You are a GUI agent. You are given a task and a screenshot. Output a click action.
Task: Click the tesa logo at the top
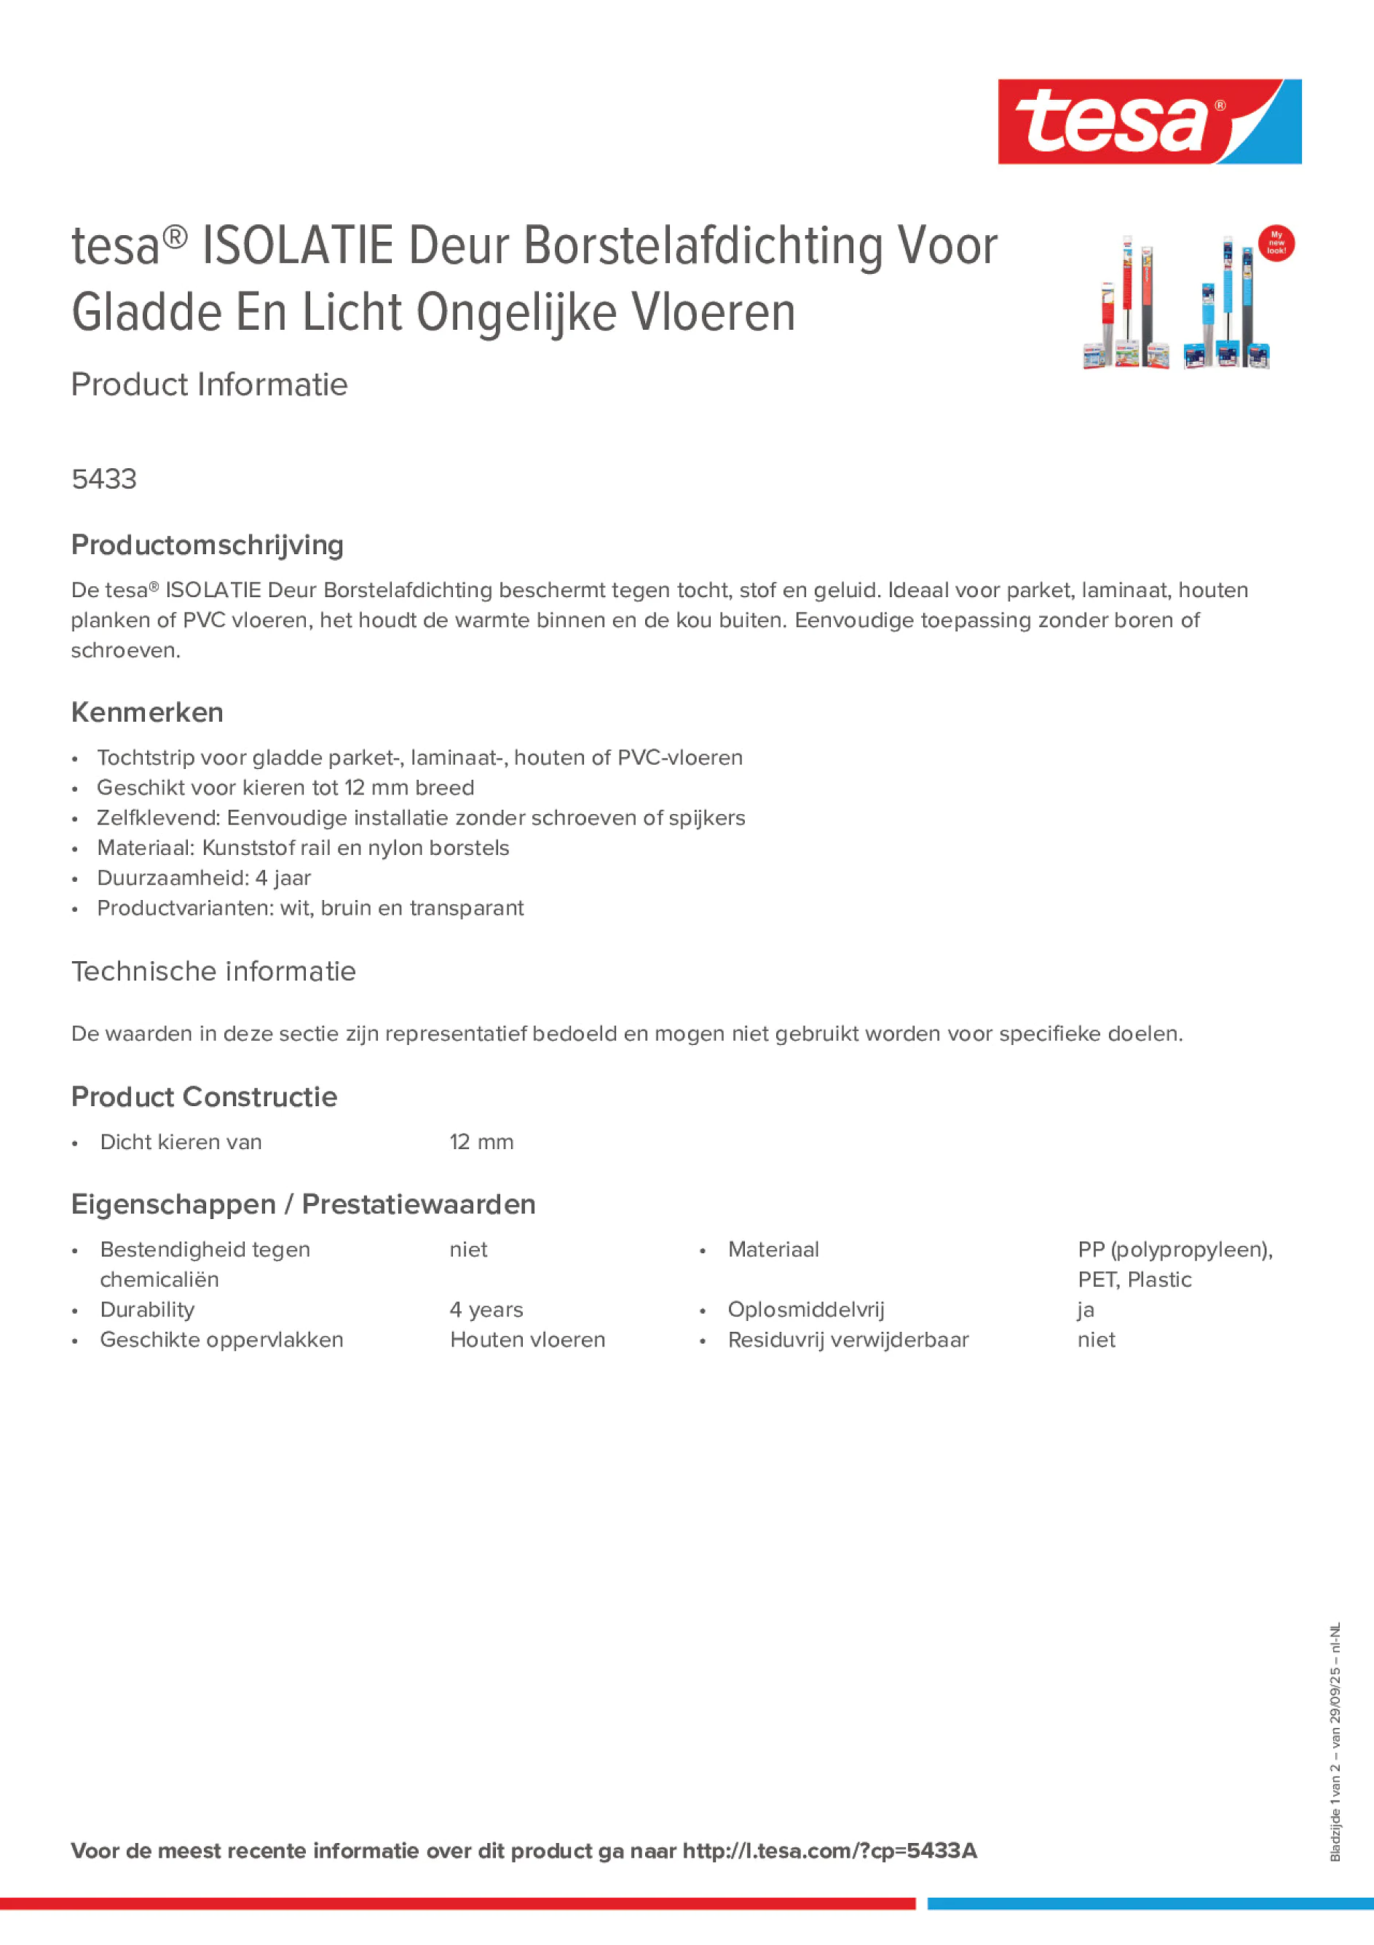click(x=1149, y=121)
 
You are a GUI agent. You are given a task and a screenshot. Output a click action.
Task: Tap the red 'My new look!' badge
click(x=1276, y=243)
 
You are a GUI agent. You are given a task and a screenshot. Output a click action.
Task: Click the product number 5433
click(x=103, y=479)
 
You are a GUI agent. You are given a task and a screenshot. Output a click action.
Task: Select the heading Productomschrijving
click(x=207, y=545)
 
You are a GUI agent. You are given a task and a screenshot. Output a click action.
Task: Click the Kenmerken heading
click(x=146, y=712)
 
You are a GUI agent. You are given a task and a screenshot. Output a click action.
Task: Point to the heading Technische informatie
click(x=213, y=971)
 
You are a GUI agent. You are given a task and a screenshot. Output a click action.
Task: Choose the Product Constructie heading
click(x=204, y=1097)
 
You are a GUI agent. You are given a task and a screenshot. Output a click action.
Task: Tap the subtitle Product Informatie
click(x=209, y=384)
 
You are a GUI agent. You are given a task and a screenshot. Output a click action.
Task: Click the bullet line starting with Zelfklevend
click(x=421, y=818)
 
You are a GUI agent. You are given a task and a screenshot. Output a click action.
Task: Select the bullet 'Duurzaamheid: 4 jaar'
click(x=203, y=877)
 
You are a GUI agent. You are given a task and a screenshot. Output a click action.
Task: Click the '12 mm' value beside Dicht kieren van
click(x=481, y=1142)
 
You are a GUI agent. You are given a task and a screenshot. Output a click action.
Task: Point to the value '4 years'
click(x=486, y=1310)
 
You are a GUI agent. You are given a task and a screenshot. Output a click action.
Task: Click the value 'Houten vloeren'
click(x=527, y=1339)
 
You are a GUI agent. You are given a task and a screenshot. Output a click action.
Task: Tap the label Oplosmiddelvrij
click(x=805, y=1310)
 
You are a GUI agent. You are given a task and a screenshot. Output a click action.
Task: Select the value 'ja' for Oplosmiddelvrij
click(x=1085, y=1311)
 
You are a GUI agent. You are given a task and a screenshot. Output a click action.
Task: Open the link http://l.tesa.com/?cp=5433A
click(x=829, y=1850)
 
